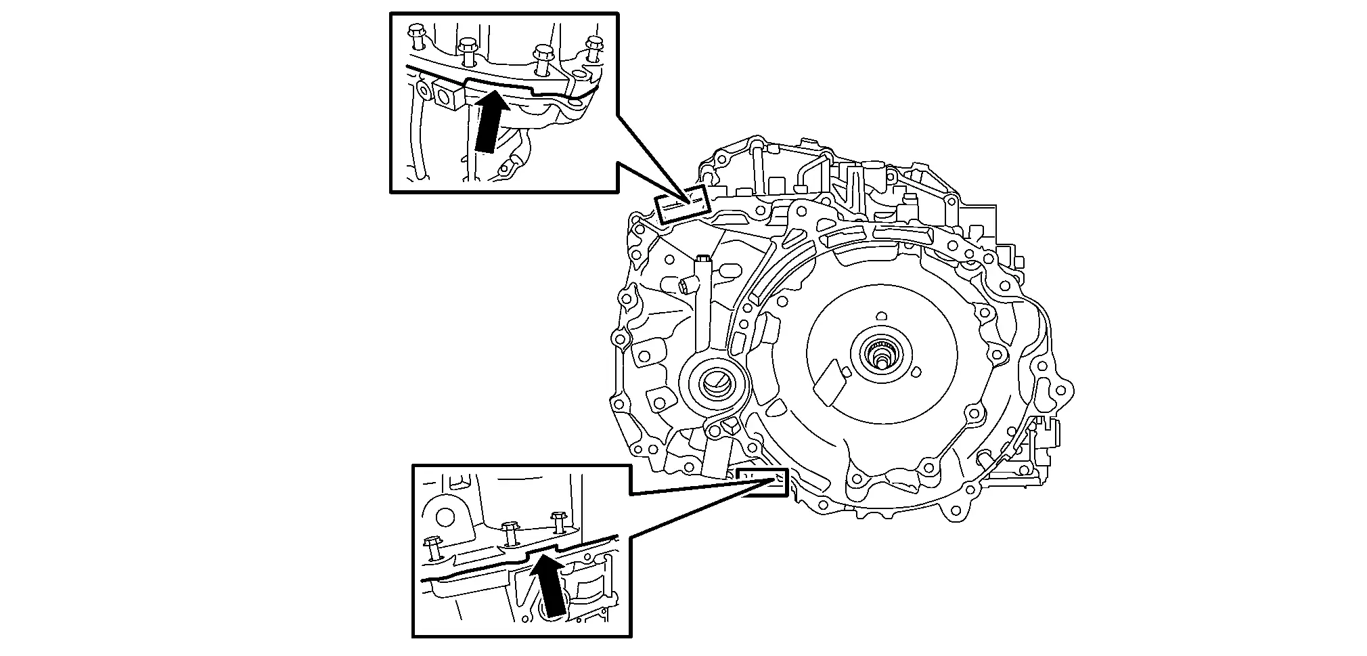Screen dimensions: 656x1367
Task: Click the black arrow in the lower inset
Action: pyautogui.click(x=549, y=585)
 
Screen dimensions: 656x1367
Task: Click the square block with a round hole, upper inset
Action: pyautogui.click(x=449, y=95)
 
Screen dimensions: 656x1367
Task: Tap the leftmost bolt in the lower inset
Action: pyautogui.click(x=432, y=547)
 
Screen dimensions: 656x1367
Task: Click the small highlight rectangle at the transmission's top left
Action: pyautogui.click(x=682, y=204)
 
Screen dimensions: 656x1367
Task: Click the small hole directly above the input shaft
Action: pyautogui.click(x=880, y=316)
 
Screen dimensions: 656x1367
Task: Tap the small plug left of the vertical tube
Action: pyautogui.click(x=686, y=287)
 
